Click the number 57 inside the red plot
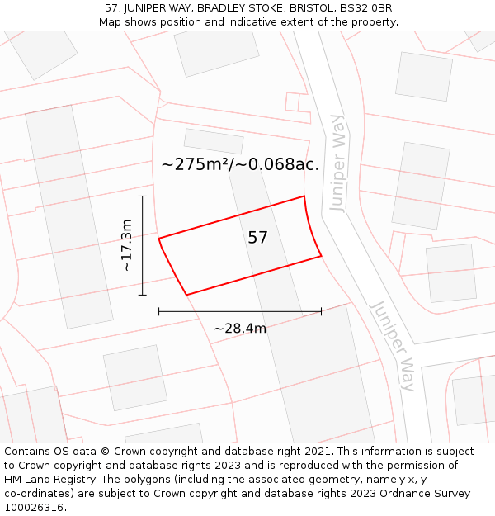pyautogui.click(x=257, y=238)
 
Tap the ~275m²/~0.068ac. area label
pyautogui.click(x=240, y=164)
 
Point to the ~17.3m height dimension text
pyautogui.click(x=125, y=245)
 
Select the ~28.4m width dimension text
pyautogui.click(x=240, y=329)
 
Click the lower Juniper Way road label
pyautogui.click(x=393, y=345)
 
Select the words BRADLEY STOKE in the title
pyautogui.click(x=238, y=8)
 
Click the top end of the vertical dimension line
pyautogui.click(x=143, y=196)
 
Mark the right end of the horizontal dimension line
pyautogui.click(x=321, y=311)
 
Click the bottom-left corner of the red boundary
pyautogui.click(x=187, y=294)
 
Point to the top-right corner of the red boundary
pyautogui.click(x=304, y=196)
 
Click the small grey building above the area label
pyautogui.click(x=214, y=141)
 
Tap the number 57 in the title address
pyautogui.click(x=111, y=8)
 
